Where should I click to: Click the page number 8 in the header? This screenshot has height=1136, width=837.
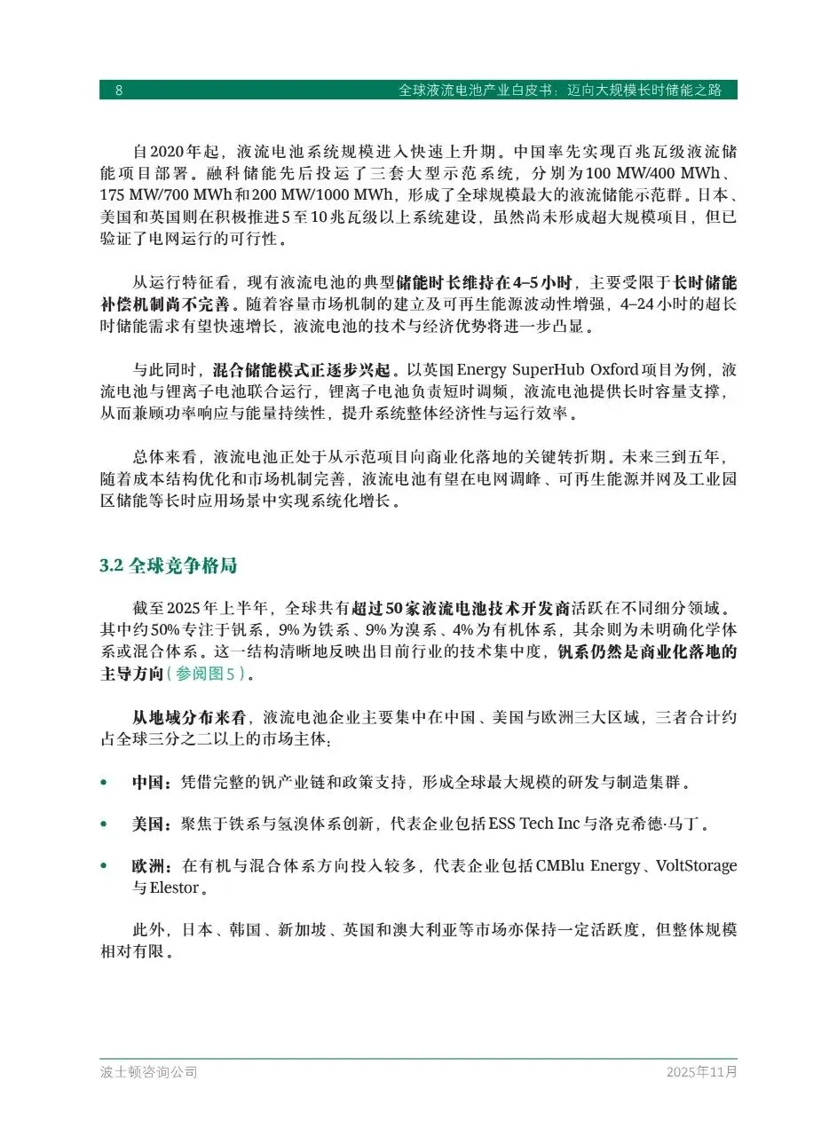119,91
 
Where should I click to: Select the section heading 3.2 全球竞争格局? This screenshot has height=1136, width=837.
168,566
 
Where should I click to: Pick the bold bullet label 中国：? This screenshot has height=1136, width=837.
152,783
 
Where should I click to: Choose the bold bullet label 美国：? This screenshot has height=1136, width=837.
152,824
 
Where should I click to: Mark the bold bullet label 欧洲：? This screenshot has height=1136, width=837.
152,866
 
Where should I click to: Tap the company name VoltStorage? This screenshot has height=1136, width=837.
695,866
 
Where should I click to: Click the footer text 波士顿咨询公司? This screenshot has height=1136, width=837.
148,1072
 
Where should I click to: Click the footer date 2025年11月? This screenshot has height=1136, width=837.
701,1072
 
